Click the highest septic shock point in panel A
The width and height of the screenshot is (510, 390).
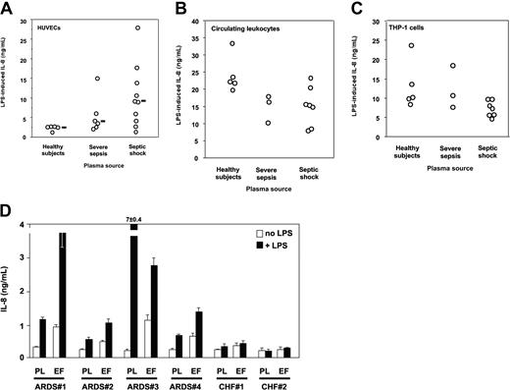tap(138, 28)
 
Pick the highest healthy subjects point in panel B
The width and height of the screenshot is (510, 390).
tap(231, 43)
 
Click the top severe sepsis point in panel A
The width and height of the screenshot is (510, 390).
tap(97, 79)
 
